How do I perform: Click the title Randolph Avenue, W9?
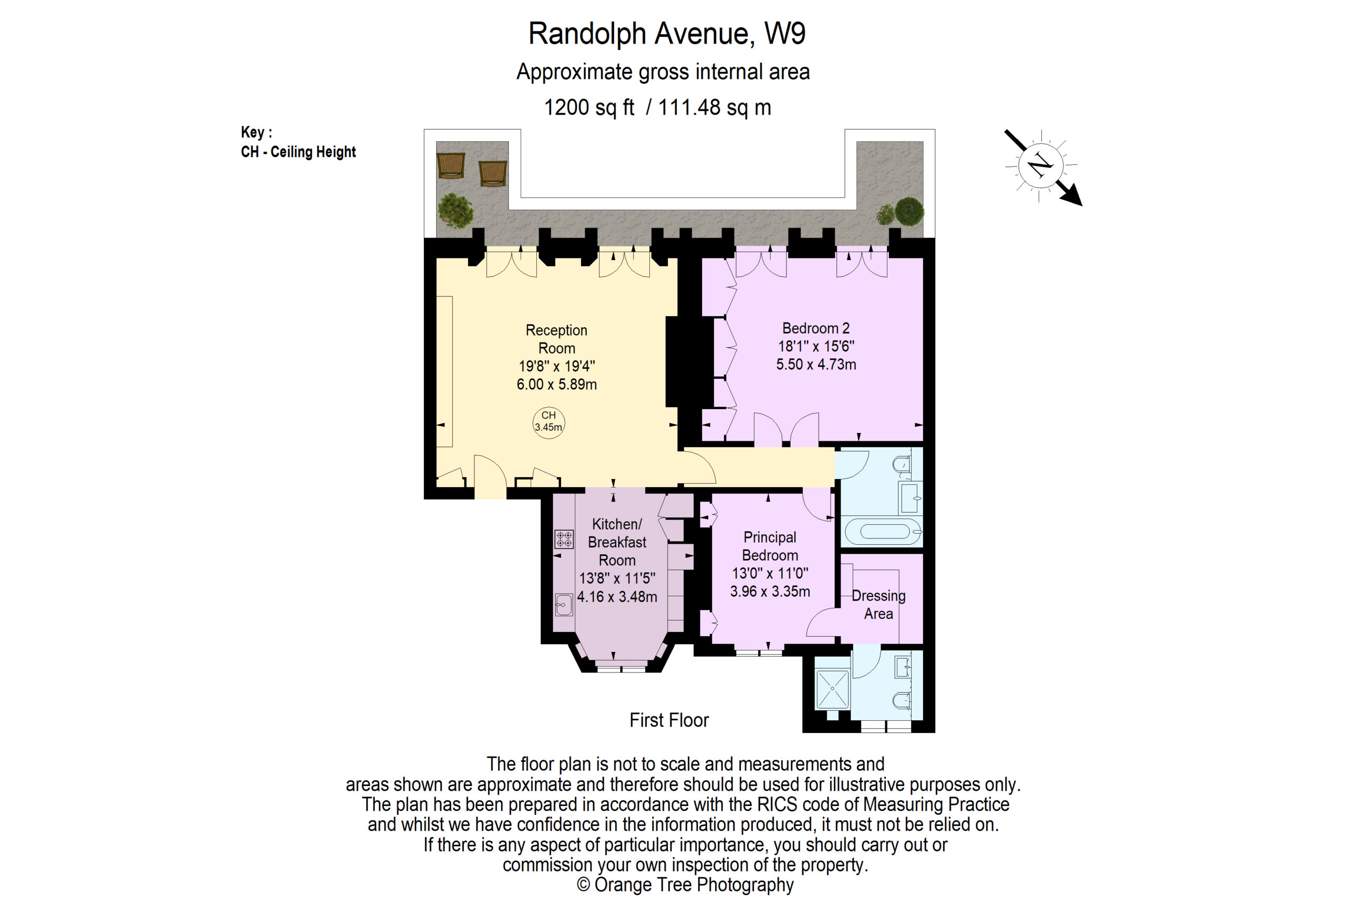pyautogui.click(x=666, y=34)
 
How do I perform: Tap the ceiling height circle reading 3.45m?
pyautogui.click(x=548, y=422)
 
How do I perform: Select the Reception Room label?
pyautogui.click(x=556, y=339)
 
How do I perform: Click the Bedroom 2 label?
pyautogui.click(x=815, y=329)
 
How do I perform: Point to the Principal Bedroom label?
pyautogui.click(x=770, y=546)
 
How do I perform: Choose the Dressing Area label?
pyautogui.click(x=878, y=604)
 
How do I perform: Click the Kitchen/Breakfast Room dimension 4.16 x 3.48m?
pyautogui.click(x=617, y=597)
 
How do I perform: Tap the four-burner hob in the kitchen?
pyautogui.click(x=564, y=539)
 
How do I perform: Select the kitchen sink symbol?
pyautogui.click(x=563, y=605)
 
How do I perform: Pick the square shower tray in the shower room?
pyautogui.click(x=832, y=689)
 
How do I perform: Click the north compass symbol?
pyautogui.click(x=1041, y=165)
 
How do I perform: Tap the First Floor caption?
pyautogui.click(x=669, y=720)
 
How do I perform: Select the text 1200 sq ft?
pyautogui.click(x=588, y=108)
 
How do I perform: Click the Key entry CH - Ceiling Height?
pyautogui.click(x=298, y=152)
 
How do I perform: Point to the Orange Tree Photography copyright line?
pyautogui.click(x=685, y=884)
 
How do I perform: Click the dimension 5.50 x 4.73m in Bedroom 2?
pyautogui.click(x=815, y=365)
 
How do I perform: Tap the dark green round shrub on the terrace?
pyautogui.click(x=908, y=211)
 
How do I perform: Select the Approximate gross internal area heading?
pyautogui.click(x=663, y=72)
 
